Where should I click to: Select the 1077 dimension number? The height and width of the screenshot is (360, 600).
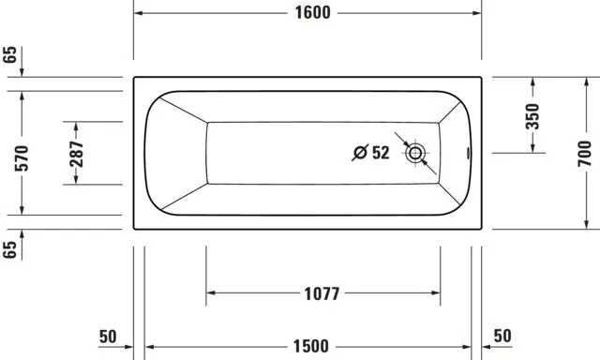[322, 292]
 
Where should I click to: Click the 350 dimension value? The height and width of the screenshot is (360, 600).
[532, 115]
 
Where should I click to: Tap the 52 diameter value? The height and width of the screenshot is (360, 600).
[380, 153]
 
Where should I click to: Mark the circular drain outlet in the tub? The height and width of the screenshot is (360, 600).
[416, 153]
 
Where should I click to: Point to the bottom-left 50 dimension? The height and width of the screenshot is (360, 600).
[107, 336]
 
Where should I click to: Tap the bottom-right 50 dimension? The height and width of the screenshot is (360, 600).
[503, 336]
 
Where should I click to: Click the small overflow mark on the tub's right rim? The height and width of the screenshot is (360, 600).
[471, 153]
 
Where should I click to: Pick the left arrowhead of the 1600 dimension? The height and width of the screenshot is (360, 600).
[138, 13]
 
